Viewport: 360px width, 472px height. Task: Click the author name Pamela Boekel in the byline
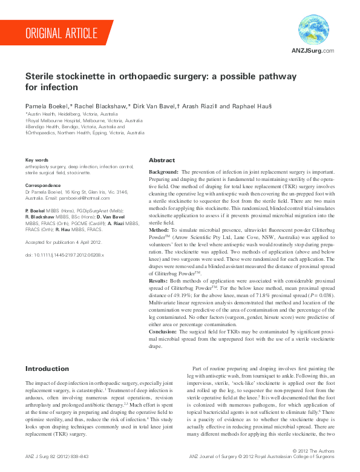44,106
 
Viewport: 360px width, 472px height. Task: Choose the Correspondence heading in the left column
43,185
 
